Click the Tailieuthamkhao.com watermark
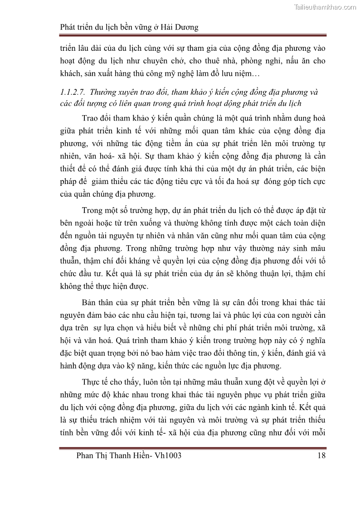click(x=325, y=7)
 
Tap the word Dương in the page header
click(x=186, y=27)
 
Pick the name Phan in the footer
click(x=88, y=456)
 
